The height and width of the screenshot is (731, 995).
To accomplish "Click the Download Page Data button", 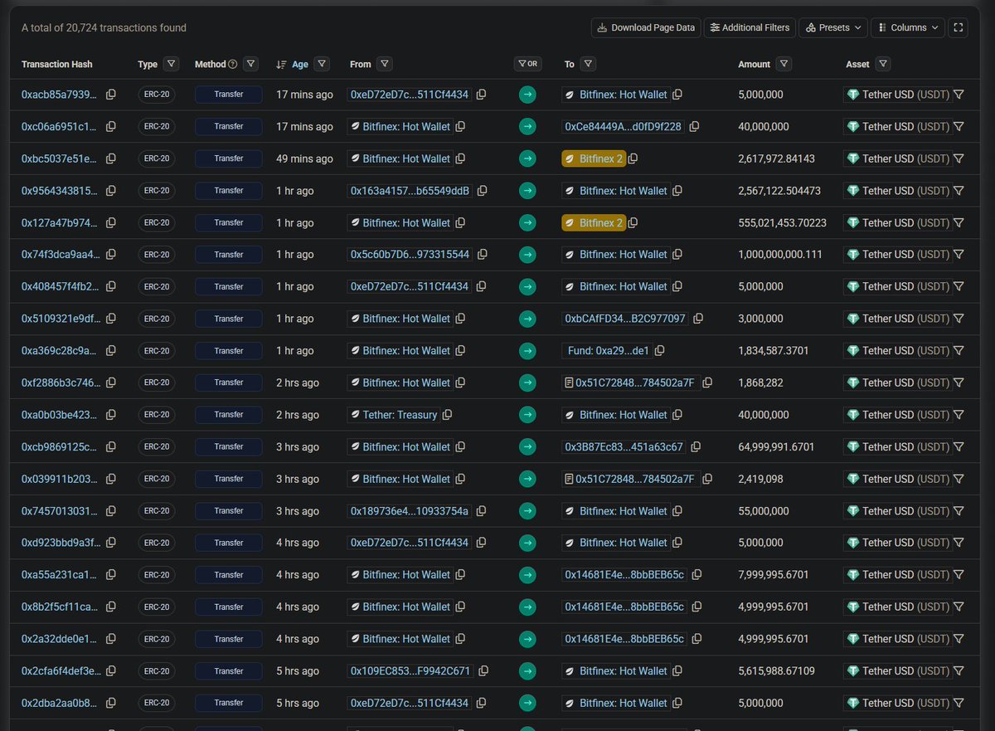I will tap(646, 27).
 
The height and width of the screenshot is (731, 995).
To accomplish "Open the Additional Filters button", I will tap(750, 27).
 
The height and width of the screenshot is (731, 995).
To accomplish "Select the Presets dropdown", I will tap(833, 27).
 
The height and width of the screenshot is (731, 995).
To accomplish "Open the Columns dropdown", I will tap(908, 27).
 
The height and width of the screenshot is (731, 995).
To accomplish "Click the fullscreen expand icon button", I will tap(959, 27).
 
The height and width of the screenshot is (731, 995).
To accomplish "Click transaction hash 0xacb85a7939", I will tap(59, 95).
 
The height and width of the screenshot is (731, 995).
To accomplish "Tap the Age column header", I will tap(299, 64).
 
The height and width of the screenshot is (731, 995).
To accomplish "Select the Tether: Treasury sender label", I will tap(400, 415).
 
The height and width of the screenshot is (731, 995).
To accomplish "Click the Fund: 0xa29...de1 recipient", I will tap(608, 351).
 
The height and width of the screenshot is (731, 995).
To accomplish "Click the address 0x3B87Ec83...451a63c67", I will tap(624, 447).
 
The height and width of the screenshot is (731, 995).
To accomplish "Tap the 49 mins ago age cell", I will tap(304, 159).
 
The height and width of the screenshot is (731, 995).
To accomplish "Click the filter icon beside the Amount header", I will tap(784, 64).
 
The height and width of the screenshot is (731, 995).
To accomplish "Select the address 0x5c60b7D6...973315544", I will tap(410, 255).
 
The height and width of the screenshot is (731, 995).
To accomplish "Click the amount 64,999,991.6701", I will tap(776, 447).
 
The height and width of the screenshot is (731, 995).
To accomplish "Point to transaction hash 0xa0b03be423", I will tap(59, 415).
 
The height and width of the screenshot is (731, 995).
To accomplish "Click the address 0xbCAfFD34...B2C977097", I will tap(625, 319).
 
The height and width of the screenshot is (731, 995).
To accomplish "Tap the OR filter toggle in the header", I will tap(527, 64).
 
